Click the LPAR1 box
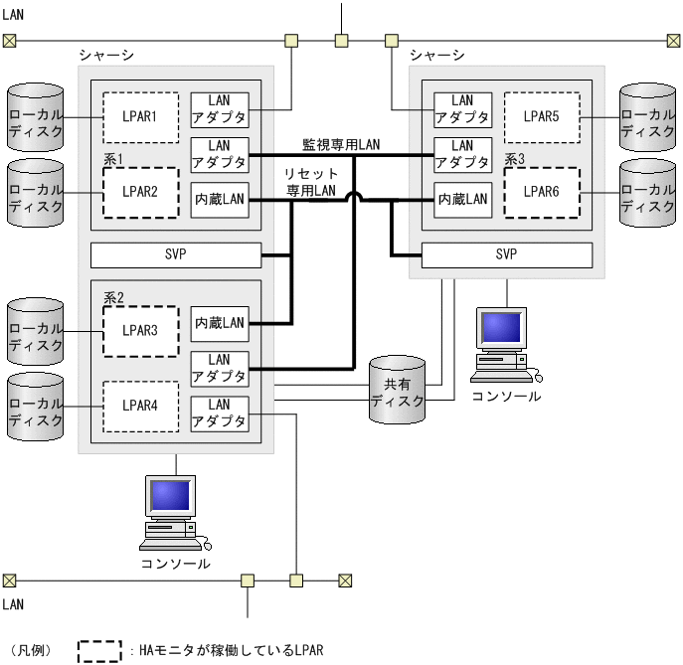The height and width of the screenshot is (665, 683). pyautogui.click(x=140, y=117)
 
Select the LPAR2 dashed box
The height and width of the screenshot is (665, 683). pyautogui.click(x=140, y=192)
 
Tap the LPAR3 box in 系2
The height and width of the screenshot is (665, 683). pyautogui.click(x=140, y=331)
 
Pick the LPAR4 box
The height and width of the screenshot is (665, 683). pyautogui.click(x=140, y=406)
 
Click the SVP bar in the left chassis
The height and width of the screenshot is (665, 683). pyautogui.click(x=175, y=254)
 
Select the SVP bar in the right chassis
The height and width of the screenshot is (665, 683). pyautogui.click(x=506, y=254)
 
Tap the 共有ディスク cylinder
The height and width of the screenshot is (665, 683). pyautogui.click(x=398, y=392)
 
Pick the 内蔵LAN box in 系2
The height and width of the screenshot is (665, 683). pyautogui.click(x=220, y=322)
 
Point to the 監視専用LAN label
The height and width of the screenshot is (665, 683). pyautogui.click(x=341, y=145)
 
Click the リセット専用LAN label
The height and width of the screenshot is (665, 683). pyautogui.click(x=312, y=182)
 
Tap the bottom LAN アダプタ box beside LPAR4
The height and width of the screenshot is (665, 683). pyautogui.click(x=220, y=414)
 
